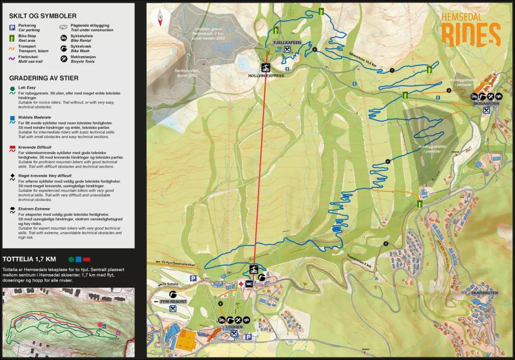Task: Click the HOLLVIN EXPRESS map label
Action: [x=266, y=76]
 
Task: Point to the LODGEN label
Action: [x=233, y=327]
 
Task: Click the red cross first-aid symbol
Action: [x=241, y=284]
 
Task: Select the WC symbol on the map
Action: [x=249, y=284]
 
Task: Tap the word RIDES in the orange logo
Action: [x=471, y=35]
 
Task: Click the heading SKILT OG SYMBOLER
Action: [x=43, y=16]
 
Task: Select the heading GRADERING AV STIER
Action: [x=44, y=78]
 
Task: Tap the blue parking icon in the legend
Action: [x=13, y=27]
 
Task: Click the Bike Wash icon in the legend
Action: [x=63, y=49]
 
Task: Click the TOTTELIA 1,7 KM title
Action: [x=29, y=259]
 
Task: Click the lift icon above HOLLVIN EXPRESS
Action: [x=266, y=67]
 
